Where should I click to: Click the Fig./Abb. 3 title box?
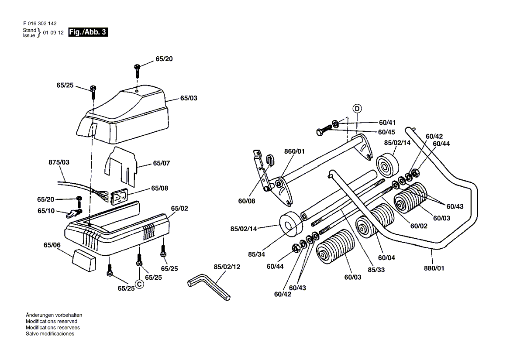pos(88,32)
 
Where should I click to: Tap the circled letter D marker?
pos(357,109)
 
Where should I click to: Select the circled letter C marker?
pos(139,285)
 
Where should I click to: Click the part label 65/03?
pos(189,98)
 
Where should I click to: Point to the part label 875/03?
pos(59,162)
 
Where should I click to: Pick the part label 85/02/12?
pos(227,267)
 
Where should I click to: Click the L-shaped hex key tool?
pos(209,287)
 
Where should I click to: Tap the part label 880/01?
pos(434,268)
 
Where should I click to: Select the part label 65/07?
pos(161,163)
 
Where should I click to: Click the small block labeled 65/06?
pos(84,260)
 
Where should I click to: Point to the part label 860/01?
pos(294,151)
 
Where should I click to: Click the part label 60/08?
pos(247,201)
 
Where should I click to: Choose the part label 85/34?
pos(257,254)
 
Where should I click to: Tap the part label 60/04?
pos(386,257)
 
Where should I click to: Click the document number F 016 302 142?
pos(40,24)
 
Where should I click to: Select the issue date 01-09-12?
pos(53,33)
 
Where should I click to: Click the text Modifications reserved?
pos(52,321)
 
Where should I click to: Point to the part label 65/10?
pos(46,211)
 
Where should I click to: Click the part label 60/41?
pos(387,123)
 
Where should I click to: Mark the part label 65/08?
pos(159,188)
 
